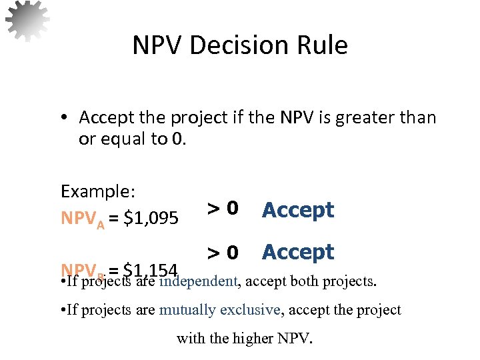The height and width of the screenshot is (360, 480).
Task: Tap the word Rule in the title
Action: [x=323, y=45]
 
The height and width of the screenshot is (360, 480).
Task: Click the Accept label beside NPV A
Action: [x=297, y=210]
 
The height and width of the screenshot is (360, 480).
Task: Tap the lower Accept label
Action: [x=297, y=252]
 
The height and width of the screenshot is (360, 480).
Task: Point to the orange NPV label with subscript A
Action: [x=83, y=219]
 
